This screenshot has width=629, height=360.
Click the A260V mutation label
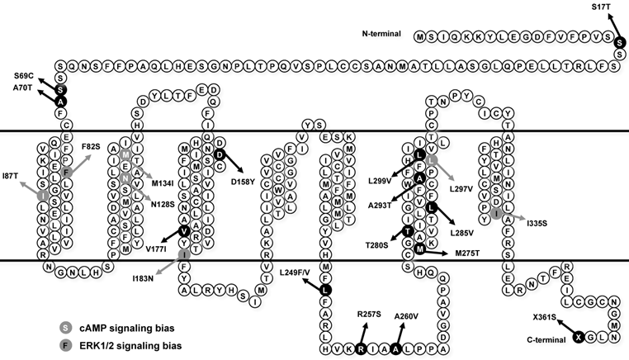coord(408,315)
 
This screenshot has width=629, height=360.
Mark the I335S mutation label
coord(540,223)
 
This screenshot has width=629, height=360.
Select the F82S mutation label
coord(92,146)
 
